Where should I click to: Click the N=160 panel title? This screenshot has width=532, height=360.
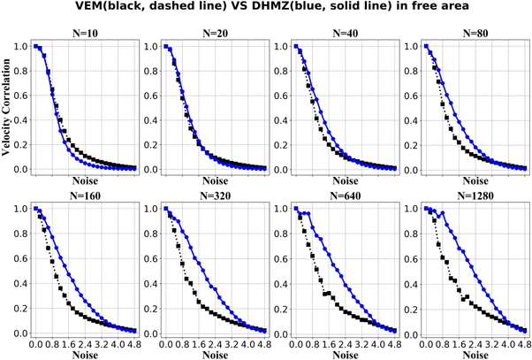click(85, 197)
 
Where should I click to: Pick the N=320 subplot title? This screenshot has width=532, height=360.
click(215, 197)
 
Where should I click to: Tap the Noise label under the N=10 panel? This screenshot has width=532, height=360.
click(85, 179)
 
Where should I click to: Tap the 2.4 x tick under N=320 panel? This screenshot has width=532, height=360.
click(217, 342)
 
